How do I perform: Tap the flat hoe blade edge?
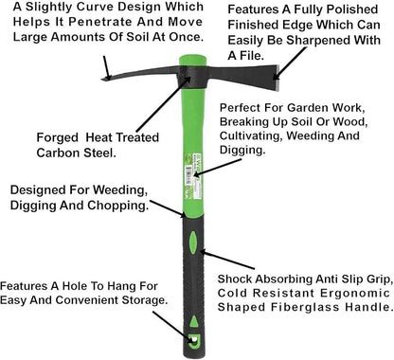276,75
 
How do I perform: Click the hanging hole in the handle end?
194,340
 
